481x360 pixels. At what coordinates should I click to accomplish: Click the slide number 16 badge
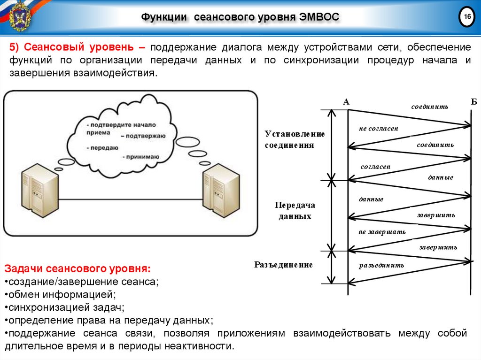coord(467,17)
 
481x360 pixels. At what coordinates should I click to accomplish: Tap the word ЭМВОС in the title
coord(318,17)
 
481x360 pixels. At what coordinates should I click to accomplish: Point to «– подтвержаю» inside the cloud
coord(142,136)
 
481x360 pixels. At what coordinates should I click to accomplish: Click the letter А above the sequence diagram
coord(347,102)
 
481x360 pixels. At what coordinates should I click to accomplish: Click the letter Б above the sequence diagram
coord(473,102)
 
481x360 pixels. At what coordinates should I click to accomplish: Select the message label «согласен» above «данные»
coord(375,167)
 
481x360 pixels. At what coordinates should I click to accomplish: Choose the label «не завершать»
coord(382,232)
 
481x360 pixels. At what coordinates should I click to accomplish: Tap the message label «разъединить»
coord(381,265)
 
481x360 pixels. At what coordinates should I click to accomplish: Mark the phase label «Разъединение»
coord(284,265)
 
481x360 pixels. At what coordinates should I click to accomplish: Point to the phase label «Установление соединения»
coord(295,139)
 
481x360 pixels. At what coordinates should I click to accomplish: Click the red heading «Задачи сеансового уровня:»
coord(78,269)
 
